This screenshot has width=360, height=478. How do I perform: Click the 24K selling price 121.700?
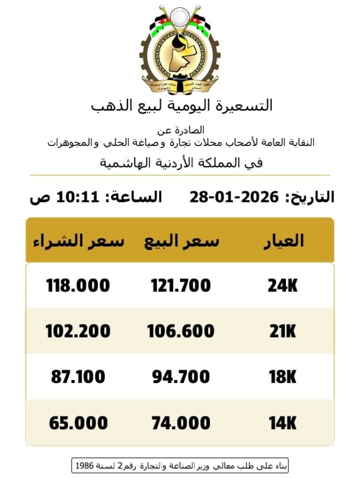pyautogui.click(x=180, y=285)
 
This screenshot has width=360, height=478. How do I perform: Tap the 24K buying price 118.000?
pyautogui.click(x=77, y=285)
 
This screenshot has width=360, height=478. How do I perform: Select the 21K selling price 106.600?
pyautogui.click(x=180, y=331)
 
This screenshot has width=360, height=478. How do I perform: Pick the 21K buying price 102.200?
pyautogui.click(x=77, y=331)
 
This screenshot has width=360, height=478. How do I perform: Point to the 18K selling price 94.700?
pyautogui.click(x=180, y=376)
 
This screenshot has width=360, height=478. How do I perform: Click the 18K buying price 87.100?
pyautogui.click(x=77, y=376)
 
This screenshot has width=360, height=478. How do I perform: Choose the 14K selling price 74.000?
pyautogui.click(x=180, y=423)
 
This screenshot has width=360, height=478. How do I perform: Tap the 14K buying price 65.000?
pyautogui.click(x=77, y=423)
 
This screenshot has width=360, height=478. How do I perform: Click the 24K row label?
pyautogui.click(x=282, y=285)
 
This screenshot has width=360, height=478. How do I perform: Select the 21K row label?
pyautogui.click(x=282, y=331)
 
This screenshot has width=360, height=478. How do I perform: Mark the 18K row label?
pyautogui.click(x=282, y=376)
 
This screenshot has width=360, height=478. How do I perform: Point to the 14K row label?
pyautogui.click(x=282, y=423)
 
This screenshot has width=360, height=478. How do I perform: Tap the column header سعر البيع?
pyautogui.click(x=181, y=241)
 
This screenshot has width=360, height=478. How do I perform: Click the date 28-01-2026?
pyautogui.click(x=233, y=197)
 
